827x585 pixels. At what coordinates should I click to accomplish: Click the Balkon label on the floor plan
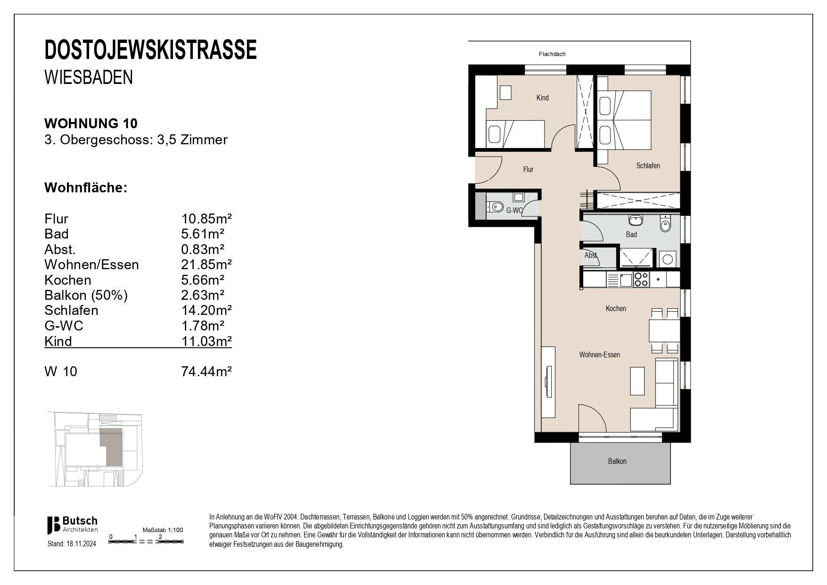pos(617,461)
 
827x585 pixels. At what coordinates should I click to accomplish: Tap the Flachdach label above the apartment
pos(552,54)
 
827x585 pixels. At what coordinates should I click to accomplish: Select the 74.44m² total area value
pos(207,371)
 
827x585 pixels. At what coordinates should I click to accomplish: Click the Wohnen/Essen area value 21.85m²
pos(207,264)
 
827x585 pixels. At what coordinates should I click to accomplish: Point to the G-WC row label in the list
pos(64,325)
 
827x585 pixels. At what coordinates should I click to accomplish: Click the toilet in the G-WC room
pos(496,206)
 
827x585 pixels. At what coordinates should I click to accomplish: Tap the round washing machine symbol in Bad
pos(668,259)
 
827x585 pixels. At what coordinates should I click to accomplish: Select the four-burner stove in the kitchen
pos(641,280)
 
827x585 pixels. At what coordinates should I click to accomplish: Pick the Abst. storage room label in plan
pos(590,255)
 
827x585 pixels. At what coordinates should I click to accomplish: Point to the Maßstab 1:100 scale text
pos(163,530)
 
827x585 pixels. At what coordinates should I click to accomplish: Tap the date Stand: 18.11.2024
pos(72,544)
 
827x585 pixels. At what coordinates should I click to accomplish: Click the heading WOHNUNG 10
pos(91,124)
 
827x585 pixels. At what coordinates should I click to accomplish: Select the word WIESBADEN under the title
pos(89,78)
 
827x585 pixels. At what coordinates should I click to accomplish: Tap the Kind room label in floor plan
pos(542,98)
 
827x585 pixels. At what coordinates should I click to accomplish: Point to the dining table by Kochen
pos(664,331)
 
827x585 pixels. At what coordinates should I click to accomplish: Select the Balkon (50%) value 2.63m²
pos(203,295)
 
